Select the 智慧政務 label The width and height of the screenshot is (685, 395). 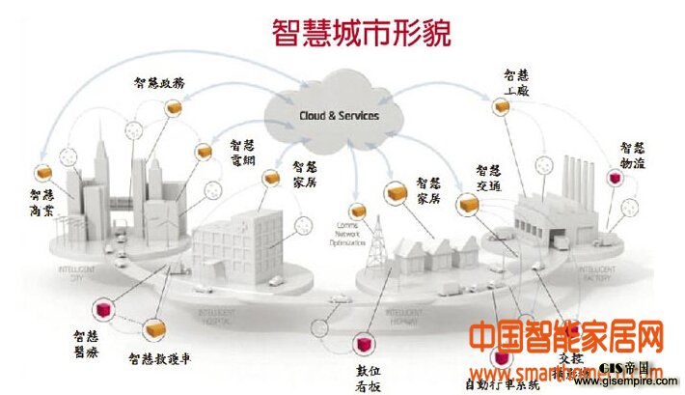160,82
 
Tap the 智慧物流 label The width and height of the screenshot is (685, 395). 633,156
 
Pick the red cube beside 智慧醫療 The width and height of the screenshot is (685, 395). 99,311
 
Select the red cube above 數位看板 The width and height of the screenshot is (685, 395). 365,345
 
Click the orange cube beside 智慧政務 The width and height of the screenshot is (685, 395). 174,107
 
